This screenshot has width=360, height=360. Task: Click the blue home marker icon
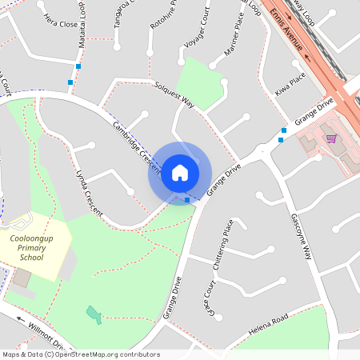179,172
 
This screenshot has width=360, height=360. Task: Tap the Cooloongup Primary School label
33,248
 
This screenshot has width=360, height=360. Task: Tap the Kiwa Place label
290,83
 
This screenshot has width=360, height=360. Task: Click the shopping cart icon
330,138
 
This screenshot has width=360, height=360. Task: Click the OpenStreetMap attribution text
81,354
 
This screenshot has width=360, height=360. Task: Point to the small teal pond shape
94,314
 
